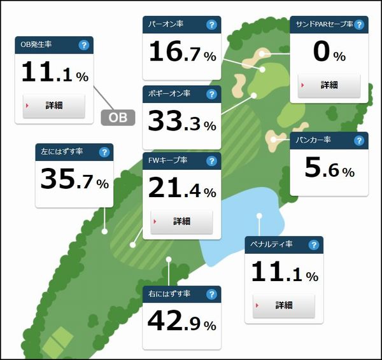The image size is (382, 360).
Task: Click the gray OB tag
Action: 118,118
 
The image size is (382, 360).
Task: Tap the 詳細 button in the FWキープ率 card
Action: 181,221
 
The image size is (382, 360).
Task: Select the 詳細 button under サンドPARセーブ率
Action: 329,85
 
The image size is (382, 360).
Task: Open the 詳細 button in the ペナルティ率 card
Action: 284,305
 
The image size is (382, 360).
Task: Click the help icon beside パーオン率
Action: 211,25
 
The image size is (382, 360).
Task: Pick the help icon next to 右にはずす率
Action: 211,294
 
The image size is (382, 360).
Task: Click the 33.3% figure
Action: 181,121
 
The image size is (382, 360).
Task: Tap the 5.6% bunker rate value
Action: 329,169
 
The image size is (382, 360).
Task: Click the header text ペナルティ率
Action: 272,245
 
